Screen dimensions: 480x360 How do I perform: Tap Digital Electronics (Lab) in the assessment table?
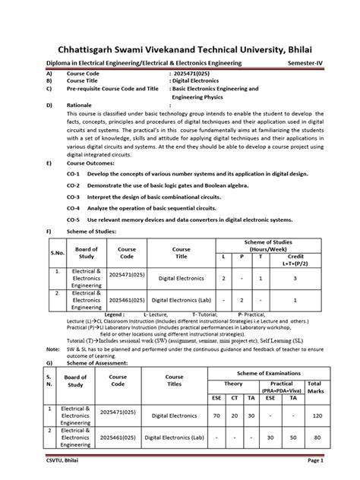pyautogui.click(x=175, y=438)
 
